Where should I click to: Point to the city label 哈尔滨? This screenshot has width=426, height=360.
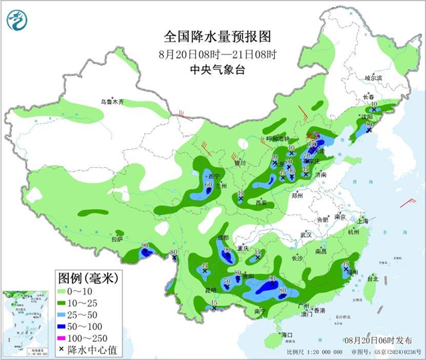click(x=374, y=78)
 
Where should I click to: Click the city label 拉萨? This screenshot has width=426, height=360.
click(x=117, y=238)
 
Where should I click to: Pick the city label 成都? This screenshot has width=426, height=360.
click(x=222, y=237)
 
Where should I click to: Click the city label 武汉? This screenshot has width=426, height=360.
click(x=306, y=235)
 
